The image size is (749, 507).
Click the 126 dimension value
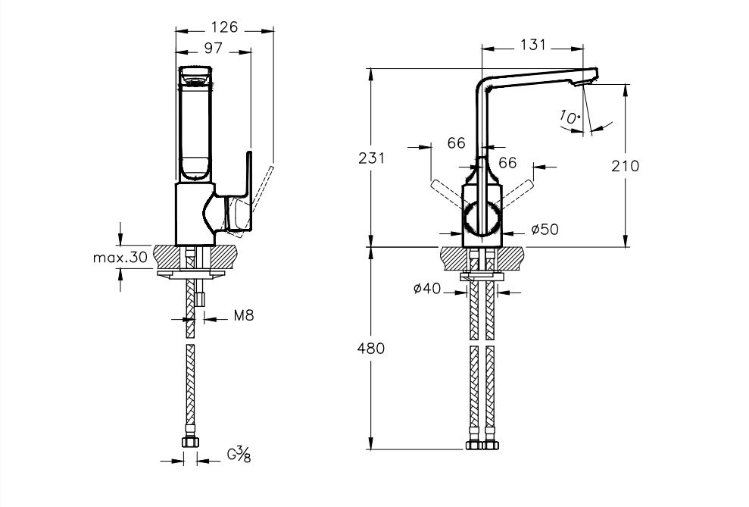point(224,27)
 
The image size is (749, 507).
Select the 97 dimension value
point(213,48)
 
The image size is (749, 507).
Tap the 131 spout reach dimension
point(533,45)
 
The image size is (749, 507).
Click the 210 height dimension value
point(625,166)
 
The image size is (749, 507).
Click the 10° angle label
point(570,117)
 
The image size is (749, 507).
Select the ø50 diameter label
point(545,230)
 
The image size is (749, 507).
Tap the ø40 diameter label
point(429,288)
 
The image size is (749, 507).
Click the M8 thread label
point(242,316)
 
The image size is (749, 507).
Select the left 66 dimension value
point(456,143)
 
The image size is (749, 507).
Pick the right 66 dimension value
point(507,163)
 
